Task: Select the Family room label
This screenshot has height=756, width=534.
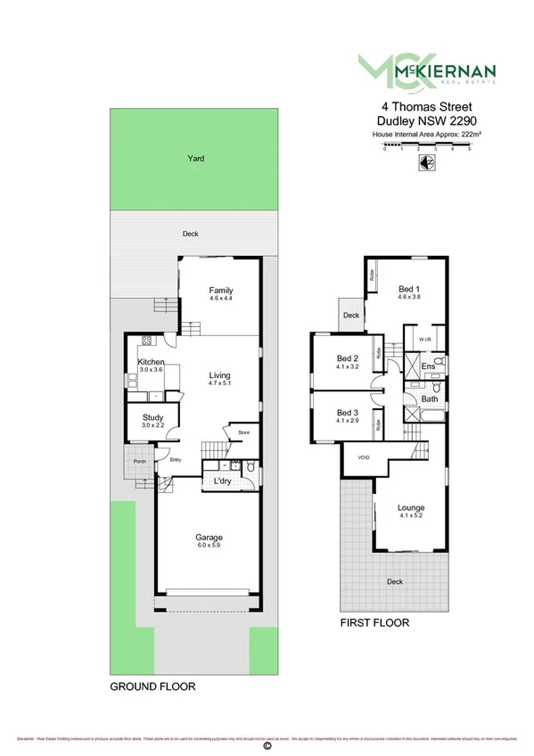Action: [x=220, y=291]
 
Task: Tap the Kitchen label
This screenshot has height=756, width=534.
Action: [x=151, y=362]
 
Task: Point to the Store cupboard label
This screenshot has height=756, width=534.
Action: [x=243, y=433]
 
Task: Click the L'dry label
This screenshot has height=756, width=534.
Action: [x=223, y=481]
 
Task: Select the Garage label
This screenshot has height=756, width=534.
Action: [x=209, y=538]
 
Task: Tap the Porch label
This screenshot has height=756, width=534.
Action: [x=139, y=461]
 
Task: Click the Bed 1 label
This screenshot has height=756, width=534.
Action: [x=408, y=289]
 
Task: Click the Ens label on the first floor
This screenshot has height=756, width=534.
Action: [x=428, y=366]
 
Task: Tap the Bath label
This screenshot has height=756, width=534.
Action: [x=429, y=399]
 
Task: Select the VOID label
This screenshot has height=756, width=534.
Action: [x=363, y=457]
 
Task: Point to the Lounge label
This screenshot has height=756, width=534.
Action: [x=411, y=508]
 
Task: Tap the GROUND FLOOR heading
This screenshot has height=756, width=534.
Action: [x=152, y=687]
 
